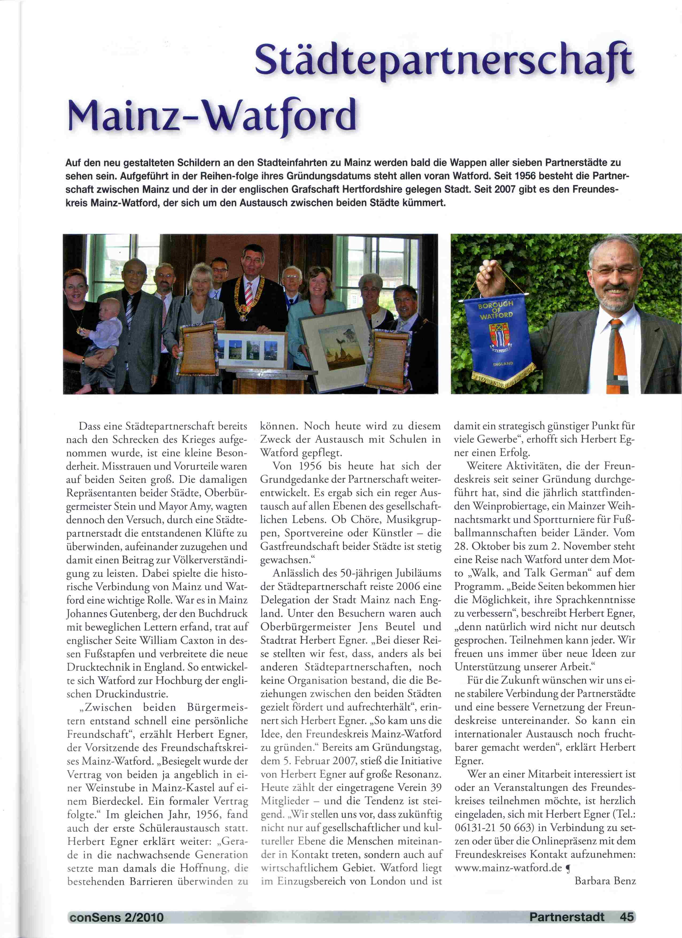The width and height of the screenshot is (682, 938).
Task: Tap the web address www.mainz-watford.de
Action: pyautogui.click(x=508, y=867)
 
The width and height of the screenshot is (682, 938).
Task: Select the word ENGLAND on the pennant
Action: pyautogui.click(x=503, y=364)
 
